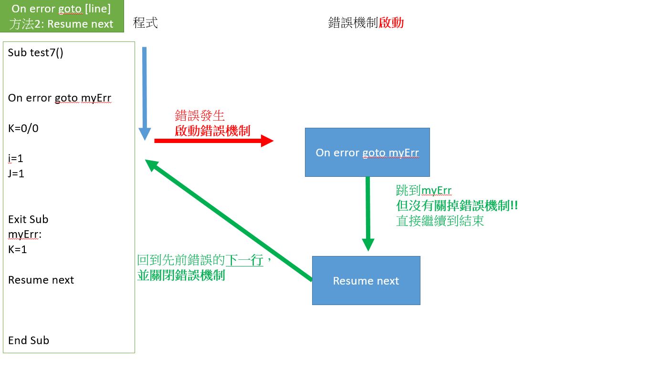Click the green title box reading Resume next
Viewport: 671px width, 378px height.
(x=62, y=16)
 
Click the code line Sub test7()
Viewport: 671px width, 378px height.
(x=36, y=52)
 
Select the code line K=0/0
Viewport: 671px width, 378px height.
(x=23, y=128)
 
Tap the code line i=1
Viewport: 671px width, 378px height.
(x=16, y=158)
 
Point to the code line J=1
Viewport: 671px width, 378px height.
(x=16, y=174)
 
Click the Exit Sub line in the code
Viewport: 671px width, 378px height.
(x=28, y=219)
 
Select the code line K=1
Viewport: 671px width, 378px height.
(x=18, y=249)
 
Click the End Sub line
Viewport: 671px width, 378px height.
(x=29, y=340)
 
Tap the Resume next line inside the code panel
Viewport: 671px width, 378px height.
(x=41, y=280)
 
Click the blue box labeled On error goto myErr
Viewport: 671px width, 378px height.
(x=367, y=153)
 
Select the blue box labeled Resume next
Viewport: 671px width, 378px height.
(x=366, y=281)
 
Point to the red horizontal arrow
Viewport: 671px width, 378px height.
(x=213, y=141)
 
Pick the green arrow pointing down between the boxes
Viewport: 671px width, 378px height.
(x=368, y=213)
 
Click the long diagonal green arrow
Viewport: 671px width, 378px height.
(x=229, y=220)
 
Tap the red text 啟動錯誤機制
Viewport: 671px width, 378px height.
(x=212, y=131)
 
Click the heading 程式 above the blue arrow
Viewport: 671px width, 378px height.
(x=145, y=22)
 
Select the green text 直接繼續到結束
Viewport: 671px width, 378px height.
(x=440, y=221)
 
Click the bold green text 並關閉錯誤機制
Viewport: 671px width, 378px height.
(x=181, y=275)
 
